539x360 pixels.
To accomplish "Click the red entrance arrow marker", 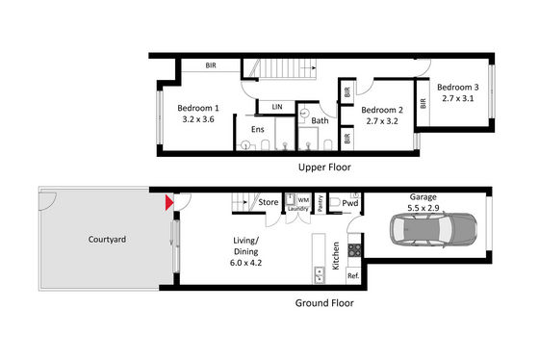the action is pos(169,203).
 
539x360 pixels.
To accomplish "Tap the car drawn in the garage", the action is pos(433,229).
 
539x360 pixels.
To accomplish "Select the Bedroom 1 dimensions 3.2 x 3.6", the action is pos(198,119).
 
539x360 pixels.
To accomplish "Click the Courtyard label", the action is pos(107,240).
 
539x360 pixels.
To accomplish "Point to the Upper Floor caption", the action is pos(324,167).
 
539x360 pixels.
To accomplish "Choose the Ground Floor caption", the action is pos(324,303).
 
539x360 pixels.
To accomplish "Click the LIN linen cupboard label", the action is pos(277,107).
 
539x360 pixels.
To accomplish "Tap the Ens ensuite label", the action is pos(258,129).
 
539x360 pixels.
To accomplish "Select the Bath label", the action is pos(320,120).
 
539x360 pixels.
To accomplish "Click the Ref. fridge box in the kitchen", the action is pos(354,275).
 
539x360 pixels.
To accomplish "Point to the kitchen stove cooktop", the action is pos(354,250).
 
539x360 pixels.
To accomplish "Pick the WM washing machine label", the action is pos(303,200).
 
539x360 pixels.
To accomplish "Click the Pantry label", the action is pos(321,203).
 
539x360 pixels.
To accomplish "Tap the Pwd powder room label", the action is pos(350,203).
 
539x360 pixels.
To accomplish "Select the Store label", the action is pos(269,202).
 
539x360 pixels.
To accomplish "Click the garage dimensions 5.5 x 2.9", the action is pos(423,208).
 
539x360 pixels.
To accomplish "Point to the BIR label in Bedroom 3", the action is pos(423,103).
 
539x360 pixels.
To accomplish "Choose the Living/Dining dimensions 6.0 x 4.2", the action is pos(245,263).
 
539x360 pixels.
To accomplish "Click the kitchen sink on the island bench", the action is pos(319,274).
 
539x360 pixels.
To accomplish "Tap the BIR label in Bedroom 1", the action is pos(211,65).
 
